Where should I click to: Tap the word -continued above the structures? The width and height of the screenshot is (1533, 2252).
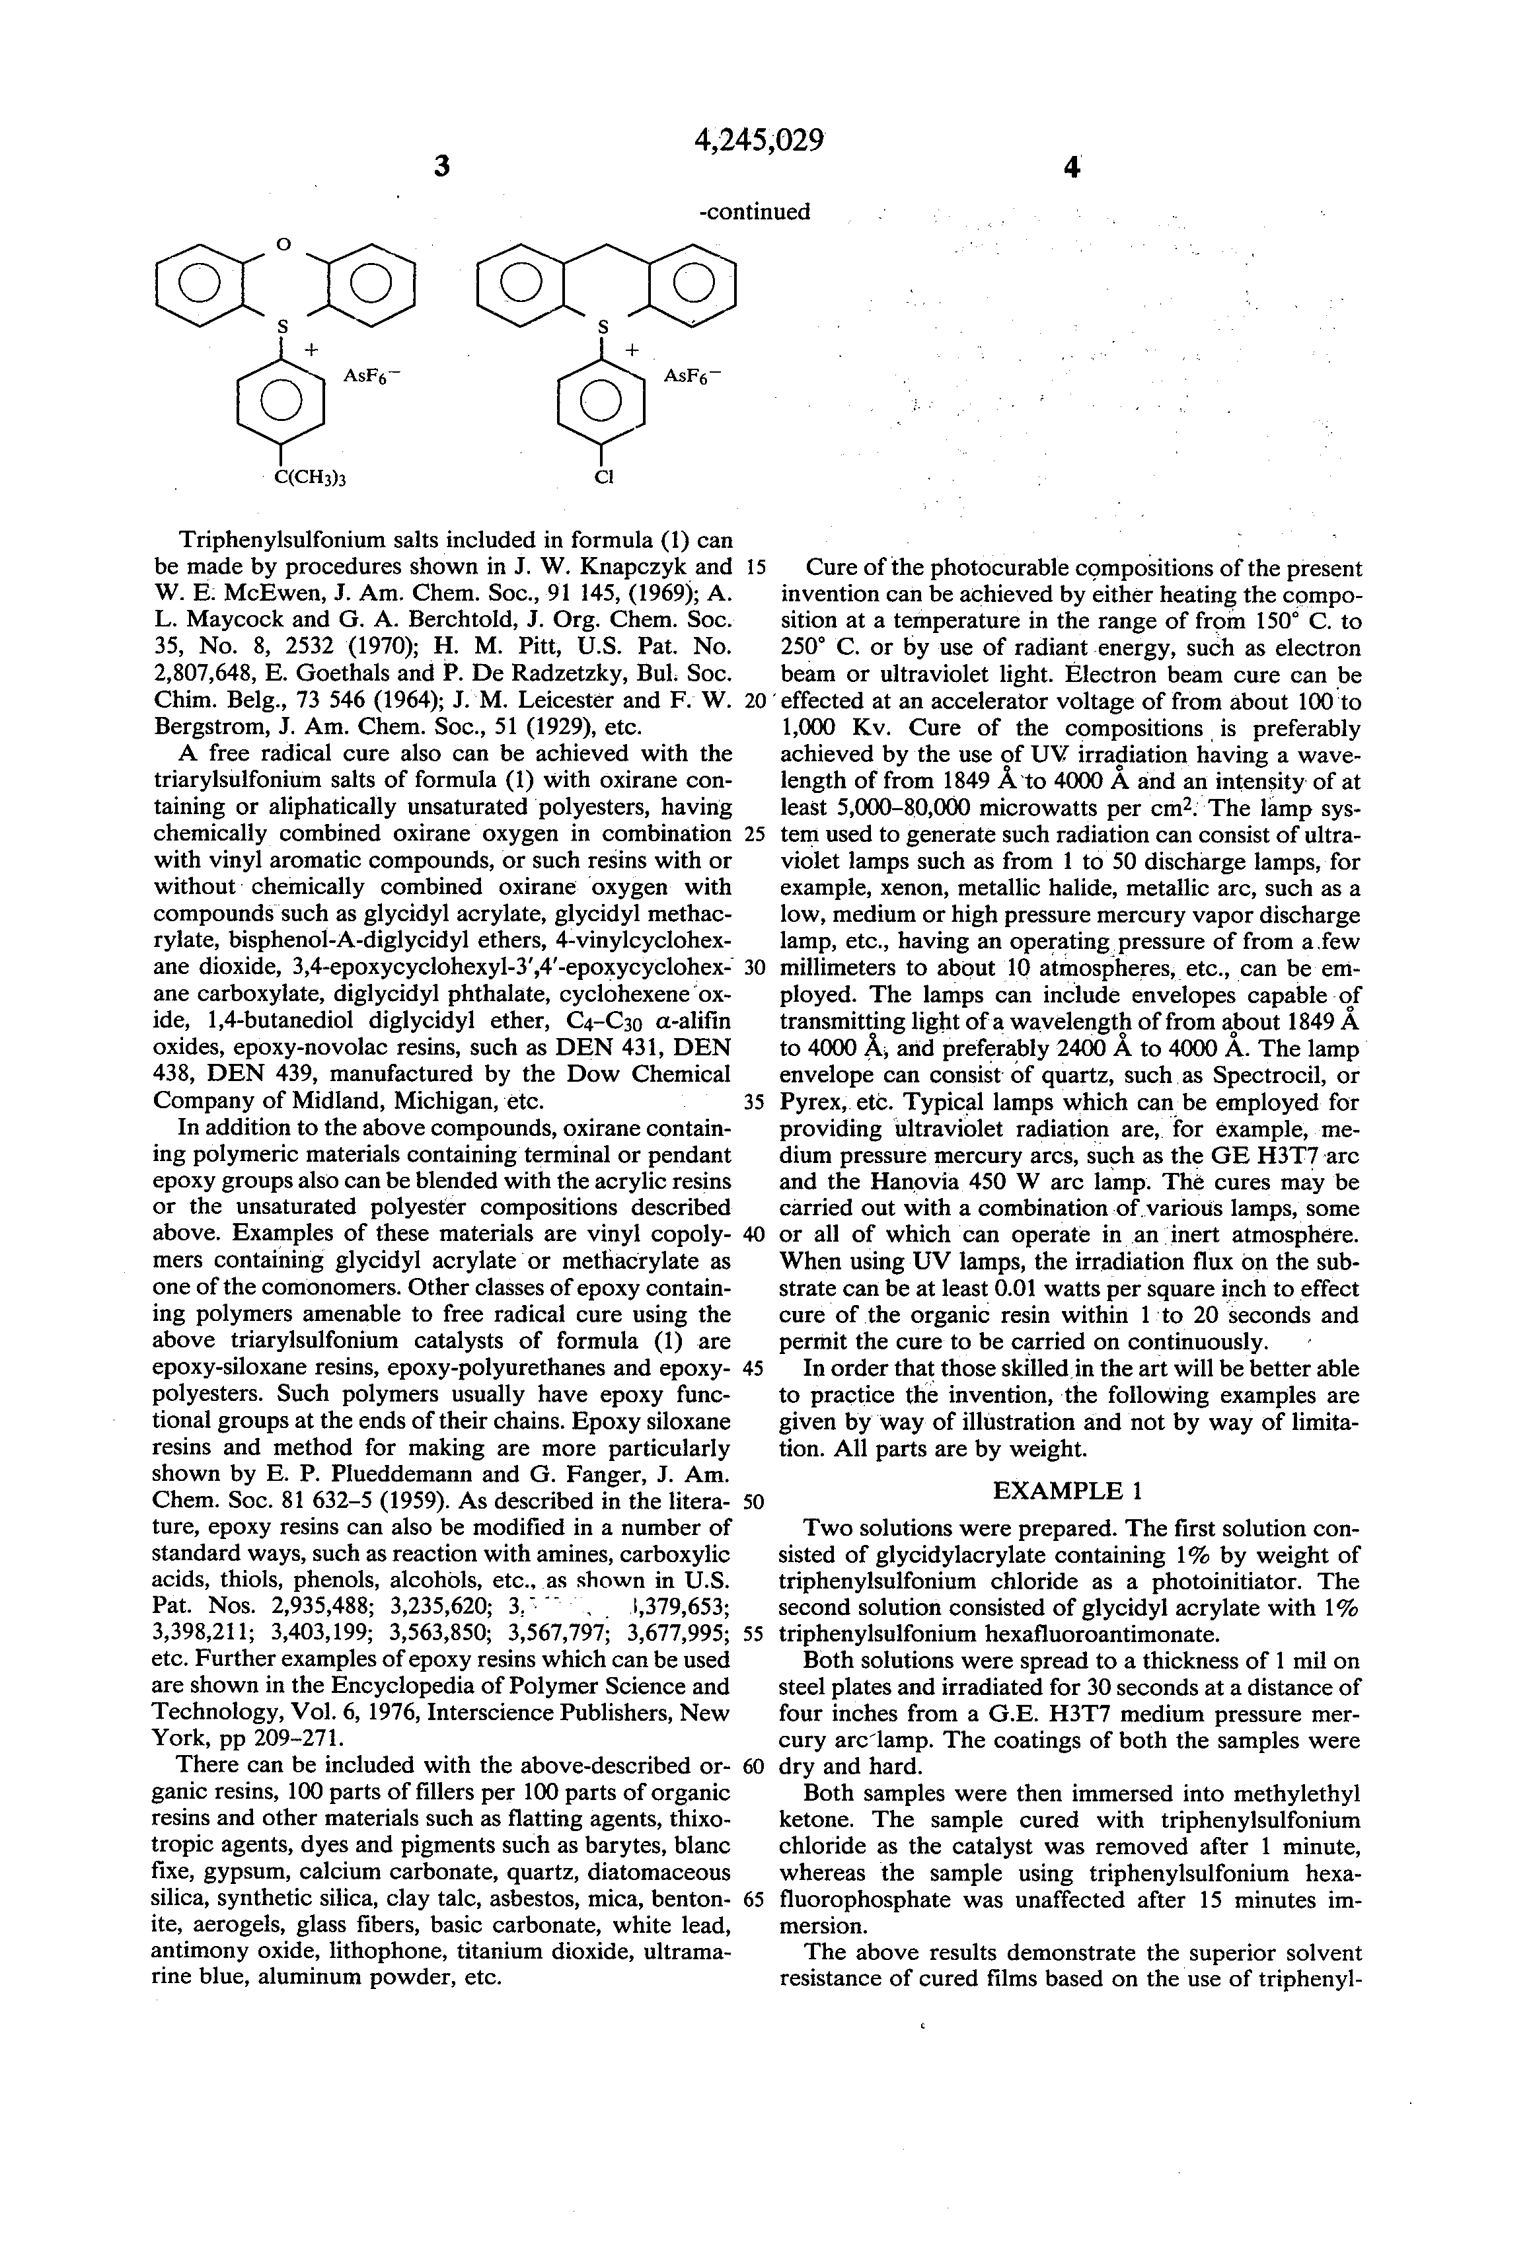tap(755, 211)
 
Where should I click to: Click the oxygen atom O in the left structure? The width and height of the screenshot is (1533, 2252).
tap(283, 245)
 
